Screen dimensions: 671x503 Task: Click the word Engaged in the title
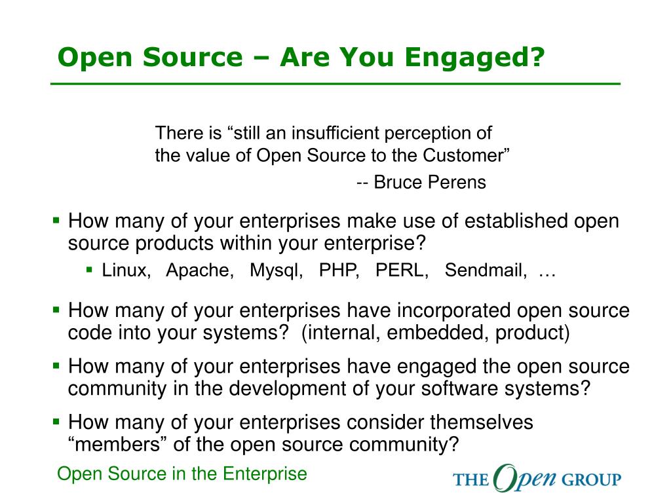(474, 58)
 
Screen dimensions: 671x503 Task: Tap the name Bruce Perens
(430, 182)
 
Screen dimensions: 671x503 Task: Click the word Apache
(200, 270)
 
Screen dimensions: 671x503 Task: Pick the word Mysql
(277, 270)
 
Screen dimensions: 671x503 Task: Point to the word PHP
(339, 270)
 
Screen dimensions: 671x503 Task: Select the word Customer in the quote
(467, 155)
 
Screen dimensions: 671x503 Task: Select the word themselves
(482, 422)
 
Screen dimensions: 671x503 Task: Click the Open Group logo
(537, 478)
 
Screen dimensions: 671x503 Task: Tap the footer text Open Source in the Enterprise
(182, 474)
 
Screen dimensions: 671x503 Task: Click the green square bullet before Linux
(89, 270)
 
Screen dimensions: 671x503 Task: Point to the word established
(516, 221)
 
